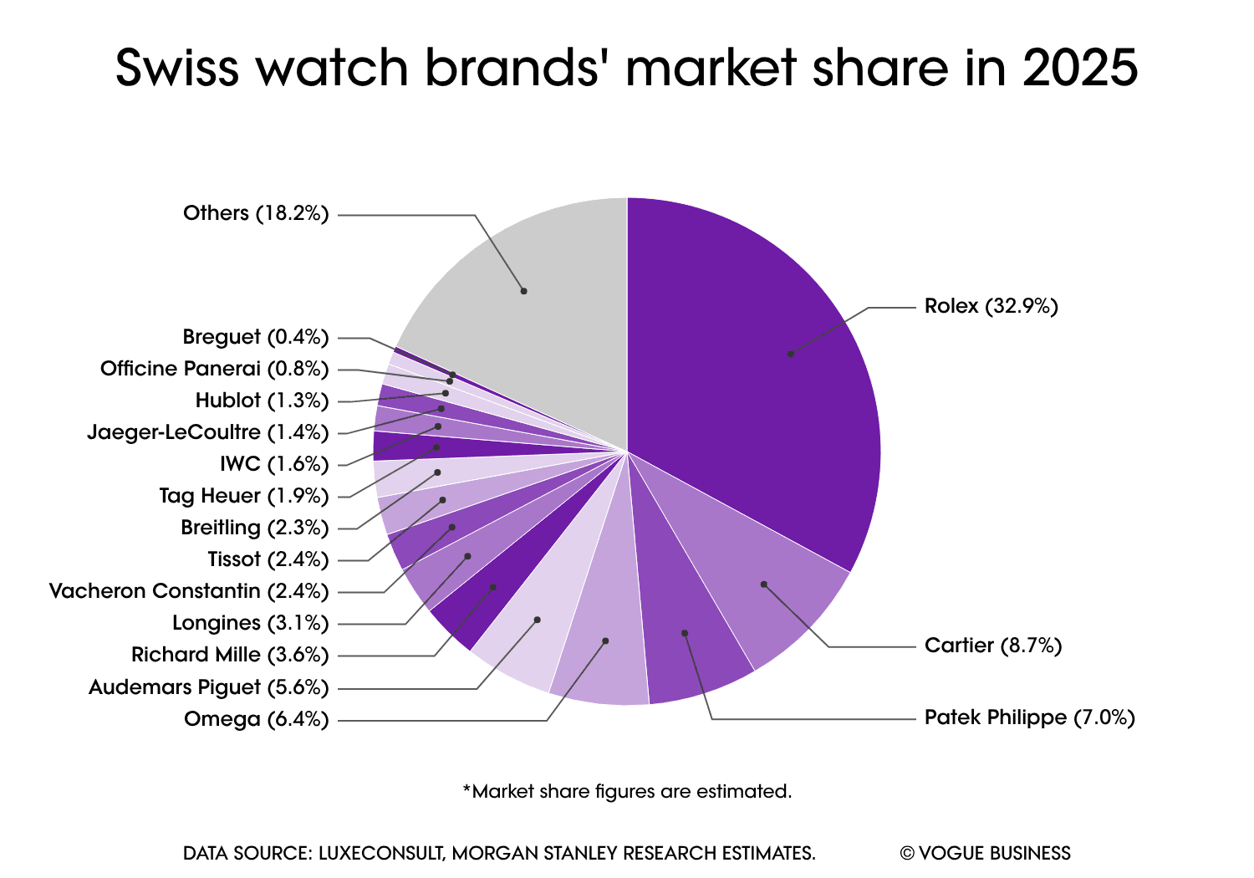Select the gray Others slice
pyautogui.click(x=535, y=284)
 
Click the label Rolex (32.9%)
pyautogui.click(x=991, y=306)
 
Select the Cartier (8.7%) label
pyautogui.click(x=992, y=646)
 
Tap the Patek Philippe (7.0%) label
pyautogui.click(x=1029, y=717)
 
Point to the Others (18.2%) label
pyautogui.click(x=256, y=213)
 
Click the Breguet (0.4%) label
pyautogui.click(x=256, y=337)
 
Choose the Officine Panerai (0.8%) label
pyautogui.click(x=214, y=369)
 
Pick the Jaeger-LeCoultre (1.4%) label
pyautogui.click(x=207, y=432)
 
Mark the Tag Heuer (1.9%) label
pyautogui.click(x=243, y=496)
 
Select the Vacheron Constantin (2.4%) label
pyautogui.click(x=189, y=591)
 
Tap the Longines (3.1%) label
pyautogui.click(x=250, y=623)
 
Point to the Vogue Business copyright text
pyautogui.click(x=985, y=853)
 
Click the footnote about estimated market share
pyautogui.click(x=627, y=791)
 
